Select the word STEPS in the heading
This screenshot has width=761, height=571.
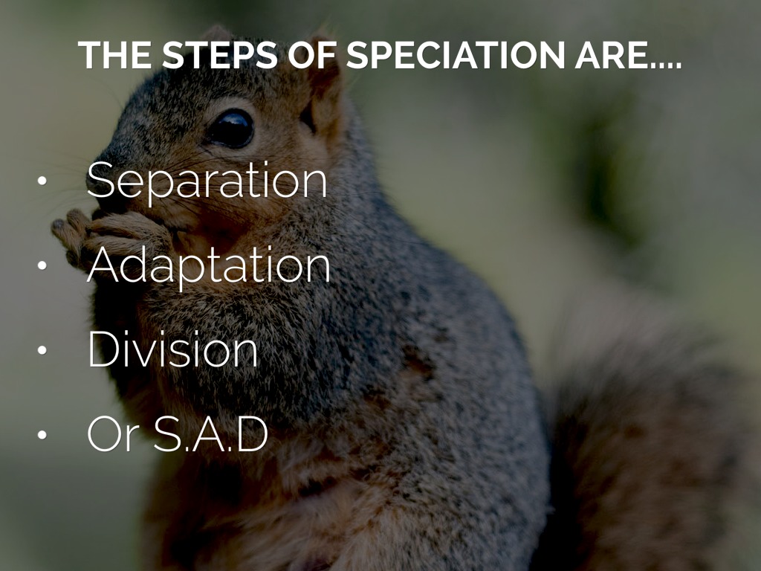(x=220, y=55)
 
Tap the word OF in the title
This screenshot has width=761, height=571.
(x=312, y=55)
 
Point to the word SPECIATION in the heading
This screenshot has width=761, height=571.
(x=456, y=55)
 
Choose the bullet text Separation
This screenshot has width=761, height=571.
(x=207, y=181)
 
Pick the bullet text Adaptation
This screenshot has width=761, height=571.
(x=209, y=265)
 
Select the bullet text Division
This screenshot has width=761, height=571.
(x=172, y=349)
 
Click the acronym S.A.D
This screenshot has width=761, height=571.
(x=211, y=433)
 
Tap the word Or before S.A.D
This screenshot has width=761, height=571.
(x=114, y=433)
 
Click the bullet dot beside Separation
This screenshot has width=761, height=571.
(x=42, y=181)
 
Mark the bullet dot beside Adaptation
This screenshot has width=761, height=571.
(x=42, y=265)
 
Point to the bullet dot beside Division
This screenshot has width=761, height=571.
(x=42, y=349)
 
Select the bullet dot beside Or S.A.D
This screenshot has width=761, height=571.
(x=42, y=434)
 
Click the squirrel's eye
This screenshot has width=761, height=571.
(x=230, y=128)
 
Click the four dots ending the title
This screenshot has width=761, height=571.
(x=667, y=65)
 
